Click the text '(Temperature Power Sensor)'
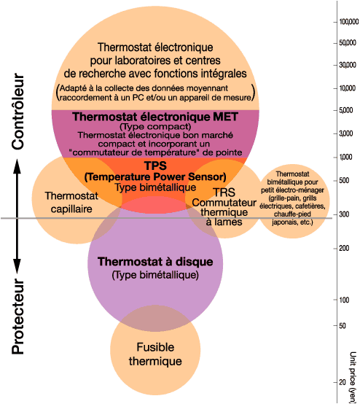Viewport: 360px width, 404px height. coord(154,176)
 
